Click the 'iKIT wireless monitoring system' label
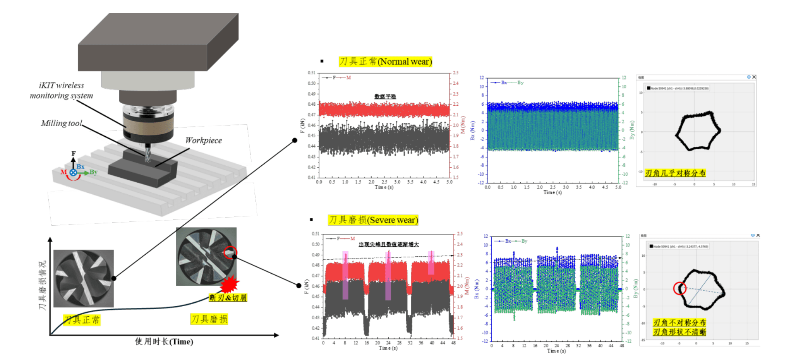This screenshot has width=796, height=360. pos(62,91)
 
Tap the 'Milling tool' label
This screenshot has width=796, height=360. pos(62,123)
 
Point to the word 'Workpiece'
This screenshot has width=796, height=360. pos(204,140)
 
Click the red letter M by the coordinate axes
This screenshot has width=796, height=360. pos(63,172)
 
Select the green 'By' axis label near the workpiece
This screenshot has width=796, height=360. pos(93,172)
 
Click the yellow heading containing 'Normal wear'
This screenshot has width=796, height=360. pos(385,62)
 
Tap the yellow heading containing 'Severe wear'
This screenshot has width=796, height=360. pos(373,220)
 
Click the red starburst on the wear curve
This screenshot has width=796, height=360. pos(230,285)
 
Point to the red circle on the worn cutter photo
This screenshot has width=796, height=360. pos(230,252)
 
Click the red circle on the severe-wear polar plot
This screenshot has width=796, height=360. pos(679,288)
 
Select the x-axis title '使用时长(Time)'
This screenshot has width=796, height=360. pos(164,341)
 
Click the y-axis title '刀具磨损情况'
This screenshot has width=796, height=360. pos(42,285)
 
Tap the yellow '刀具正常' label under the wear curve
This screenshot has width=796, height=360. pos(82,320)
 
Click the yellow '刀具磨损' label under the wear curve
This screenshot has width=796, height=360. pos(209,319)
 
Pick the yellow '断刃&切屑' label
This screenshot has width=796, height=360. pos(228,298)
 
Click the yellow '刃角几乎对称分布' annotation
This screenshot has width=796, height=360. pos(675,173)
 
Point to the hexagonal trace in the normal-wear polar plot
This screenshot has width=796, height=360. pos(698,131)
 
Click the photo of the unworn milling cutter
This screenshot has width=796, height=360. pos(84,278)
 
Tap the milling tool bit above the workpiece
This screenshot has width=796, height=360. pos(148,153)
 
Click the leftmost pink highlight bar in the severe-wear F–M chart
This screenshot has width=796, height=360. pos(345,275)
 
